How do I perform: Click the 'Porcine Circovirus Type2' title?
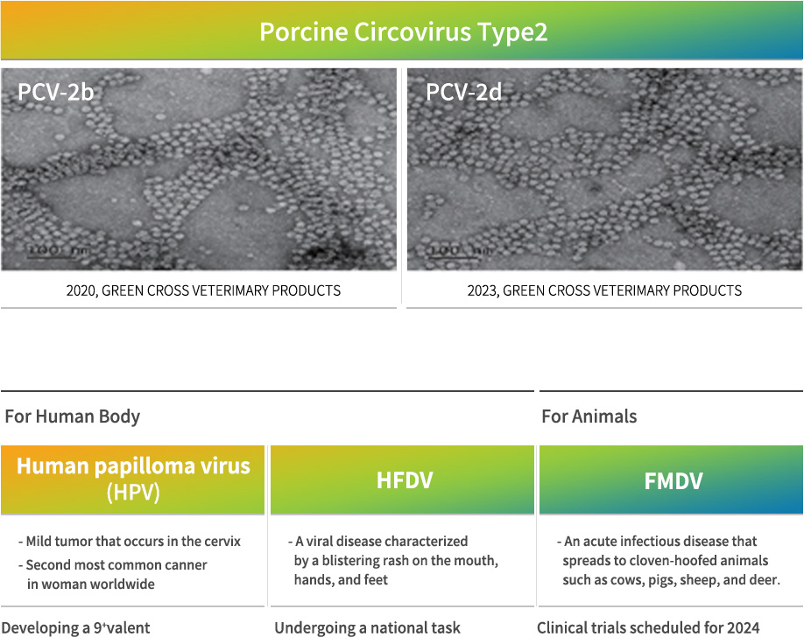(404, 31)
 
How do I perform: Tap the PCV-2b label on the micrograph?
(55, 92)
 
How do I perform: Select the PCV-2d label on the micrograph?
(463, 92)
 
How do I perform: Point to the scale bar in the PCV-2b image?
(52, 255)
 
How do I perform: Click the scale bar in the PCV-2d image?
(455, 255)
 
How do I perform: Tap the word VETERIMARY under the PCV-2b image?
(229, 290)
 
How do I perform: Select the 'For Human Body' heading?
(73, 416)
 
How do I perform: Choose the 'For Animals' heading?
(589, 416)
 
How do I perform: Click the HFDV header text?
(405, 480)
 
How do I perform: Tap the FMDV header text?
(674, 480)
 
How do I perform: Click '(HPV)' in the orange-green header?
(133, 493)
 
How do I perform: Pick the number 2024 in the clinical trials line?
(744, 627)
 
